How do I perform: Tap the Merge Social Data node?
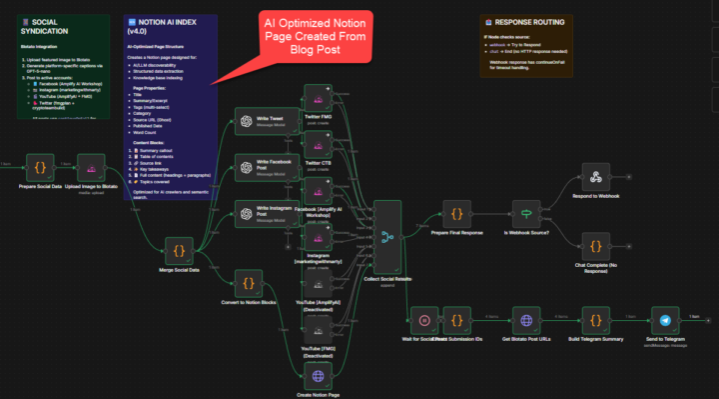coord(179,249)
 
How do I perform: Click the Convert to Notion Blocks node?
coord(244,281)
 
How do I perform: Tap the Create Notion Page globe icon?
coord(318,376)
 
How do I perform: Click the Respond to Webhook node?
coord(595,178)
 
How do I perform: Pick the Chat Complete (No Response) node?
coord(595,246)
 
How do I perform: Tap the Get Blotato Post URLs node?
coord(525,321)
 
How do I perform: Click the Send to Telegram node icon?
coord(665,321)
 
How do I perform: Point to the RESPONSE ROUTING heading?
coord(528,22)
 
